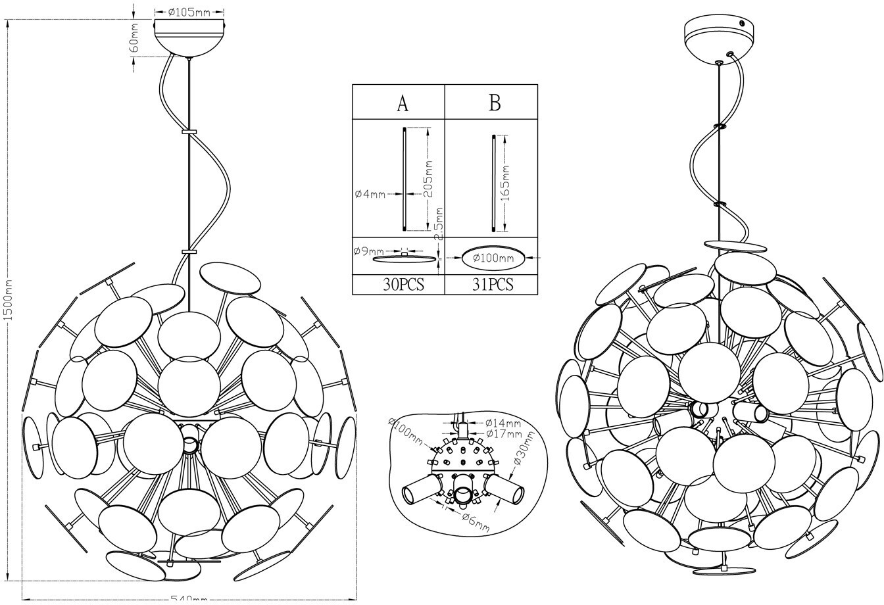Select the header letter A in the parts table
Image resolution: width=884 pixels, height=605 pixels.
coord(403,103)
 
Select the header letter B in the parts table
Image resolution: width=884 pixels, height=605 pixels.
coord(495,103)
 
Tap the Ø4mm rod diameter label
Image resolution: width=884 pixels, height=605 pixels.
coord(370,194)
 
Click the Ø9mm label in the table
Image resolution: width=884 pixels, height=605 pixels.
coord(368,251)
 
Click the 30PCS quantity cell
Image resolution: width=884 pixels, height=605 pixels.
coord(403,285)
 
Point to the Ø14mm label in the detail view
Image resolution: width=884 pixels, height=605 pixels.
coord(503,423)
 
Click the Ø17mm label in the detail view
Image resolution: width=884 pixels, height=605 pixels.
coord(503,434)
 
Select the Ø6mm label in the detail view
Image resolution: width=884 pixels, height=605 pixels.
coord(474,521)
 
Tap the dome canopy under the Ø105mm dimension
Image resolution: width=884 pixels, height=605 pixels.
coord(189,38)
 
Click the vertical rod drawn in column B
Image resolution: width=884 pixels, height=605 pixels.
coord(493,183)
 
